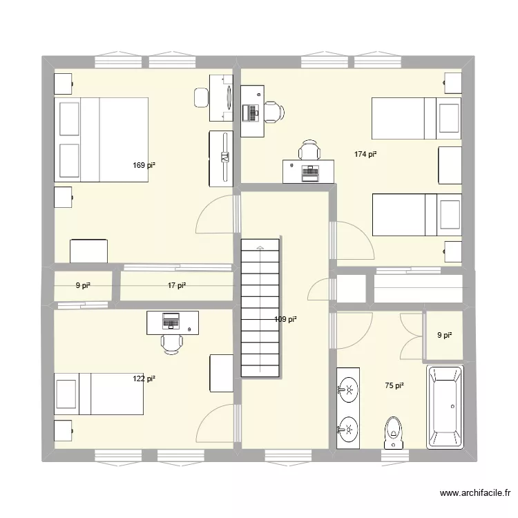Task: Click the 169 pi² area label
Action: [x=144, y=165]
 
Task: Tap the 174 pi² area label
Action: [x=365, y=155]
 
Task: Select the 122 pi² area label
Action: [x=144, y=378]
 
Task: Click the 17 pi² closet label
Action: [x=177, y=285]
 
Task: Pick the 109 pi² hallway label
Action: [x=285, y=319]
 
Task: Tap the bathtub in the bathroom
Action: [x=445, y=407]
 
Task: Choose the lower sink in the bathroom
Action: [x=348, y=430]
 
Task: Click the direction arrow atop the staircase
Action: [x=260, y=247]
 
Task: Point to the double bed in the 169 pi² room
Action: [x=102, y=140]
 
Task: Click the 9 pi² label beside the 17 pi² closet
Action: [x=83, y=285]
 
